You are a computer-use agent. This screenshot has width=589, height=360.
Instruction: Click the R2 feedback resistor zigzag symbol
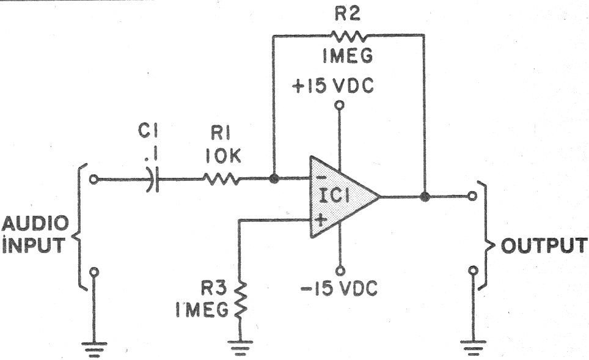pos(348,37)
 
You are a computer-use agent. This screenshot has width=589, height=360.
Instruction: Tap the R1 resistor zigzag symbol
pos(221,179)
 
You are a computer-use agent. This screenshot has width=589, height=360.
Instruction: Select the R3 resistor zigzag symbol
pos(241,300)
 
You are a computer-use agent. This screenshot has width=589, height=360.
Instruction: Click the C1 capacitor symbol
pos(152,179)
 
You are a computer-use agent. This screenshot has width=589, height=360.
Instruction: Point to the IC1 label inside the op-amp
pos(334,196)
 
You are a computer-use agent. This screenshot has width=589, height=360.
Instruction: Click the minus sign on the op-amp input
pos(320,178)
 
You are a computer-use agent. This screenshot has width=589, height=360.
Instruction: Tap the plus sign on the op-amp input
pos(320,220)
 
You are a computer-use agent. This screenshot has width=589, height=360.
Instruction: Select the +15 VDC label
pos(333,86)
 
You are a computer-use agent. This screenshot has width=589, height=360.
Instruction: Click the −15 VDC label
pos(339,288)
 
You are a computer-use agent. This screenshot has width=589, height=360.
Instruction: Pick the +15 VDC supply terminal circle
pos(340,105)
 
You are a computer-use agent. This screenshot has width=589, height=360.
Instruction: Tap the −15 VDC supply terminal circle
pos(340,270)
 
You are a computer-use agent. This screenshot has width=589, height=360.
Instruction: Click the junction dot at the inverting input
pos(274,179)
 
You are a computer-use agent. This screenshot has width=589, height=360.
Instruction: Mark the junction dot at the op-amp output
pos(425,197)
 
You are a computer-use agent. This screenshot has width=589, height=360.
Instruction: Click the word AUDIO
pos(35,224)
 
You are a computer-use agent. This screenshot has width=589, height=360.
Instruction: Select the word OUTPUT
pos(544,246)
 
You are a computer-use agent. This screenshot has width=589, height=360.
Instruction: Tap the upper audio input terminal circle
pos(93,179)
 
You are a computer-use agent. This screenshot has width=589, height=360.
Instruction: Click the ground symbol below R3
pos(240,348)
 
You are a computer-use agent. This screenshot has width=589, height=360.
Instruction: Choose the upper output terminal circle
pos(472,196)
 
